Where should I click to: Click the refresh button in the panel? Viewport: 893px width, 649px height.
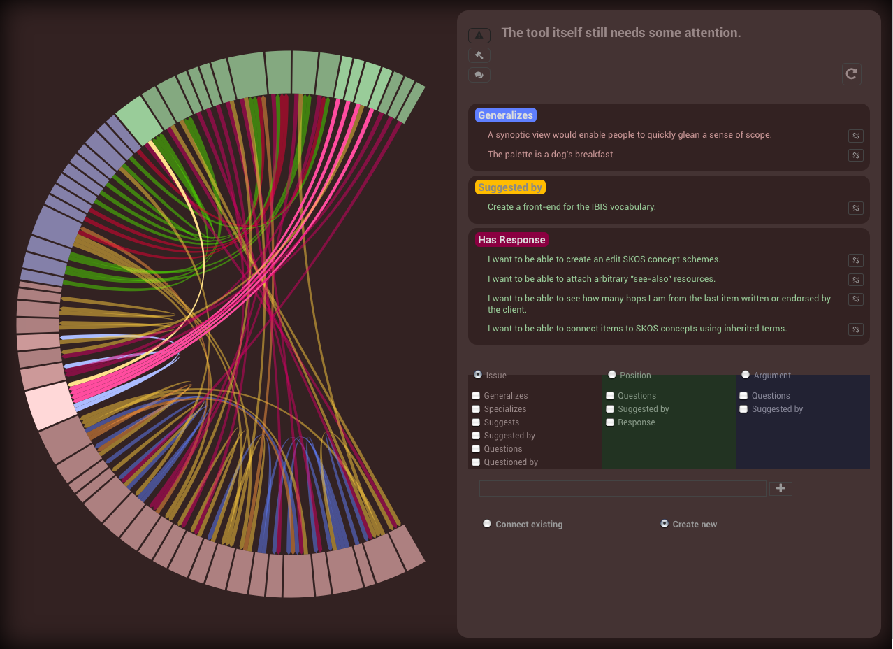851,73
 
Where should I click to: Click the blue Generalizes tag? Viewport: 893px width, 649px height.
505,115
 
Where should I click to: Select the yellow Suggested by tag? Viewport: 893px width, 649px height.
510,187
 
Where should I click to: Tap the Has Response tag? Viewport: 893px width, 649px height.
511,240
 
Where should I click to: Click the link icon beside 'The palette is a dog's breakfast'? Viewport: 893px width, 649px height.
856,155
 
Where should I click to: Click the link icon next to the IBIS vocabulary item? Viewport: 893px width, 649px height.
856,208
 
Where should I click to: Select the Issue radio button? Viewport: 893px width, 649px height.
478,374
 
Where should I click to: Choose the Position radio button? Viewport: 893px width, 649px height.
612,374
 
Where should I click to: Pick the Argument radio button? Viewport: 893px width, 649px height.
746,374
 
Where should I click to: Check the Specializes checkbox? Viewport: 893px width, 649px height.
477,409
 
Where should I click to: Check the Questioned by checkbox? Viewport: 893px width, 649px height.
477,462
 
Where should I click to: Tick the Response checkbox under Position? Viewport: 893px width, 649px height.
610,422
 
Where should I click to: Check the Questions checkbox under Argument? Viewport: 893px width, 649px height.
743,396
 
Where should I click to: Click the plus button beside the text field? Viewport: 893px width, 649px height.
781,489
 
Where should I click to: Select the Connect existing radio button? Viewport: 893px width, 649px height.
487,524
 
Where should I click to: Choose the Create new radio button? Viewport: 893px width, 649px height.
665,523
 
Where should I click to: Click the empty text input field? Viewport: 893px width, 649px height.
622,489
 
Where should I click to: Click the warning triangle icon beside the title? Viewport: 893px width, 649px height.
479,35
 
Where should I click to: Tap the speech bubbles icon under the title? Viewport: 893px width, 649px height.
479,75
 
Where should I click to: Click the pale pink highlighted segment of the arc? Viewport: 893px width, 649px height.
51,405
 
